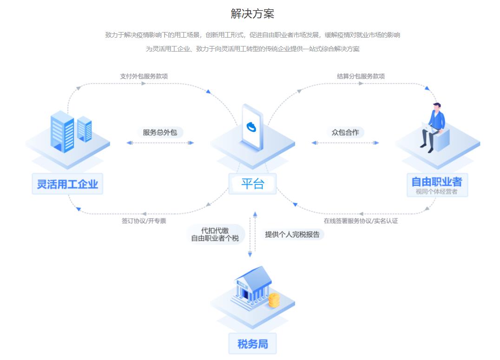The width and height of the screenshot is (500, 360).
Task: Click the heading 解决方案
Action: point(252,13)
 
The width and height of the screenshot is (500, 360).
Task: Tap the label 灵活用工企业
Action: point(68,184)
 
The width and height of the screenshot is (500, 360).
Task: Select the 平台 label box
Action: point(252,184)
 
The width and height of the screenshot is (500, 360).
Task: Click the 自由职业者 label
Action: point(436,181)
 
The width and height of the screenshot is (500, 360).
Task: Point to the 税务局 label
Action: point(252,344)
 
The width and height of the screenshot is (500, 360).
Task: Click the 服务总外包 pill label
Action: point(160,132)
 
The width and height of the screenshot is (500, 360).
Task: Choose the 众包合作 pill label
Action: point(345,132)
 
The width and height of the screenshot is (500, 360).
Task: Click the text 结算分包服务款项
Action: point(361,76)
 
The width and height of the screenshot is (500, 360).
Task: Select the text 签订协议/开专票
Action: point(144,221)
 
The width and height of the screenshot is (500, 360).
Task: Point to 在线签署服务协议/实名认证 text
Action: point(361,221)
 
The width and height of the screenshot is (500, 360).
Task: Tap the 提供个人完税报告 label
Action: point(292,234)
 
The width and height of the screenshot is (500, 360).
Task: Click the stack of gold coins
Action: point(274,300)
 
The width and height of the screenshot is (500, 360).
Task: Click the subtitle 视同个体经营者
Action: point(436,191)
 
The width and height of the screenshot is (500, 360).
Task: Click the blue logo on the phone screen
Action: point(252,126)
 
